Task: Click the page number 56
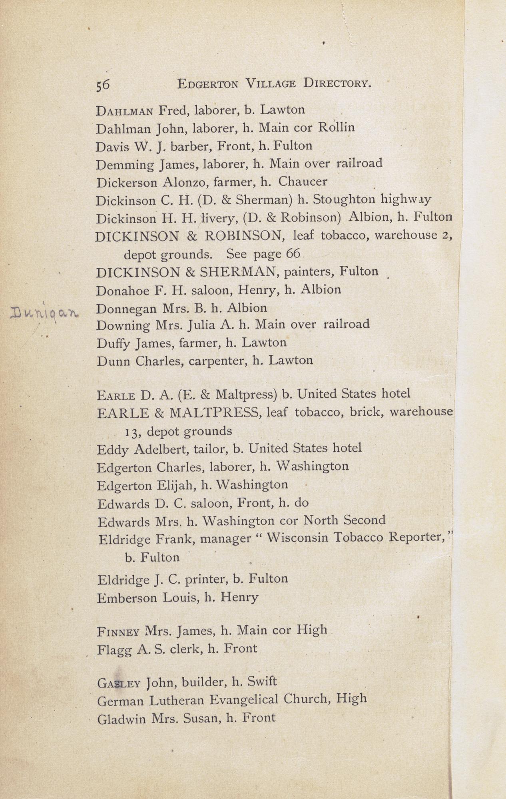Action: [103, 85]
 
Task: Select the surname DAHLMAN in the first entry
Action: [124, 110]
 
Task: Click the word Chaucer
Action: [303, 182]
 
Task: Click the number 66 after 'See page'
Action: [293, 254]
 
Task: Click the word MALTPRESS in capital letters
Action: [215, 412]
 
